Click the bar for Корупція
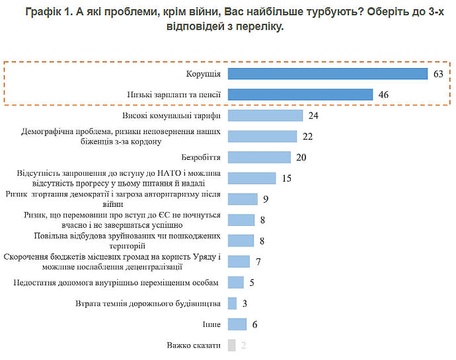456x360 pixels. (328, 73)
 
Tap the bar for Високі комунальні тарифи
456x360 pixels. (265, 116)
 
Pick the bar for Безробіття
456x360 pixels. (259, 157)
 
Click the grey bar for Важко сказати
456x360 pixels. (231, 345)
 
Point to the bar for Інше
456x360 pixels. (237, 324)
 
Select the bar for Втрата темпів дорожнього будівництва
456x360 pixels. (232, 303)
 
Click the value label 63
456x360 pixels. (437, 73)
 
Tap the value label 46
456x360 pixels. (383, 94)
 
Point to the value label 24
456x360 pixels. (313, 116)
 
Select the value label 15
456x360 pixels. (286, 178)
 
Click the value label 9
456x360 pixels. (264, 199)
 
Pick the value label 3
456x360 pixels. (244, 303)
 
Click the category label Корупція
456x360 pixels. (204, 73)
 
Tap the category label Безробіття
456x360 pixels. (200, 157)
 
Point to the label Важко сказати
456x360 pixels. (194, 345)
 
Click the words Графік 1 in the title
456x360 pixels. (50, 11)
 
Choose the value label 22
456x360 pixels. (307, 136)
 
